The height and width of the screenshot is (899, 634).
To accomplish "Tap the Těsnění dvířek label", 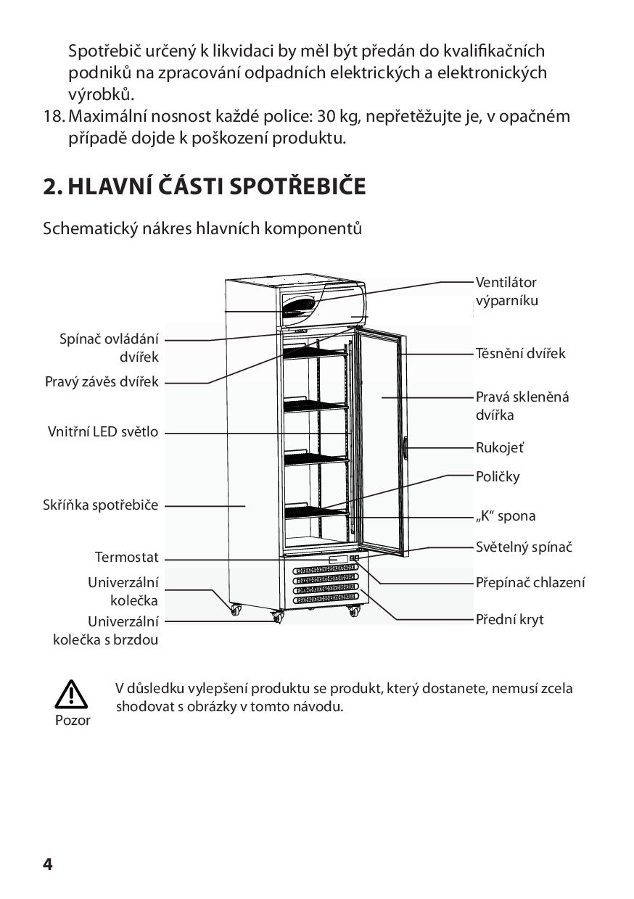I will (x=520, y=354).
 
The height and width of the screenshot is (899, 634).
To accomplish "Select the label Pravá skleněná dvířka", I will (x=522, y=406).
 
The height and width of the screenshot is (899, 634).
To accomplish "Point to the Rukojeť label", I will (x=499, y=448).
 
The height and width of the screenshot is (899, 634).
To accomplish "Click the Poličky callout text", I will (x=498, y=477).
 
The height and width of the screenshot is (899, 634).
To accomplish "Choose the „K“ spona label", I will (x=506, y=516).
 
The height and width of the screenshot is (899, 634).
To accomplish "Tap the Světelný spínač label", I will (x=524, y=547).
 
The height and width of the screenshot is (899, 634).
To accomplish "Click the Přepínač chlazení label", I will (x=530, y=583).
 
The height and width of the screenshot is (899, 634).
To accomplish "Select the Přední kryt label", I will (x=509, y=620).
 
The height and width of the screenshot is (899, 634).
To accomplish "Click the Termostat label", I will (x=126, y=558).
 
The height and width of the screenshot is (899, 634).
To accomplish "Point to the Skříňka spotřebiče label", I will (x=100, y=505).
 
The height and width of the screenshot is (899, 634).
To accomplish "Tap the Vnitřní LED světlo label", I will (x=102, y=432).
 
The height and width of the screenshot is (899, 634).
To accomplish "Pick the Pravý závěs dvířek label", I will (x=101, y=382).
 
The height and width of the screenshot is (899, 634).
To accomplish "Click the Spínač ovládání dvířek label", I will (x=109, y=348).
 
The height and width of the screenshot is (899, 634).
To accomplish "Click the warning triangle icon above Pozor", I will (x=72, y=695).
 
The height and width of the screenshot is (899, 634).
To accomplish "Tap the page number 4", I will (x=48, y=864).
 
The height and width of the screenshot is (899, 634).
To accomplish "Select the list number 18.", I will (x=54, y=116).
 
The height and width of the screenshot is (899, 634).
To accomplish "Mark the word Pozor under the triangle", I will (x=73, y=721).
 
